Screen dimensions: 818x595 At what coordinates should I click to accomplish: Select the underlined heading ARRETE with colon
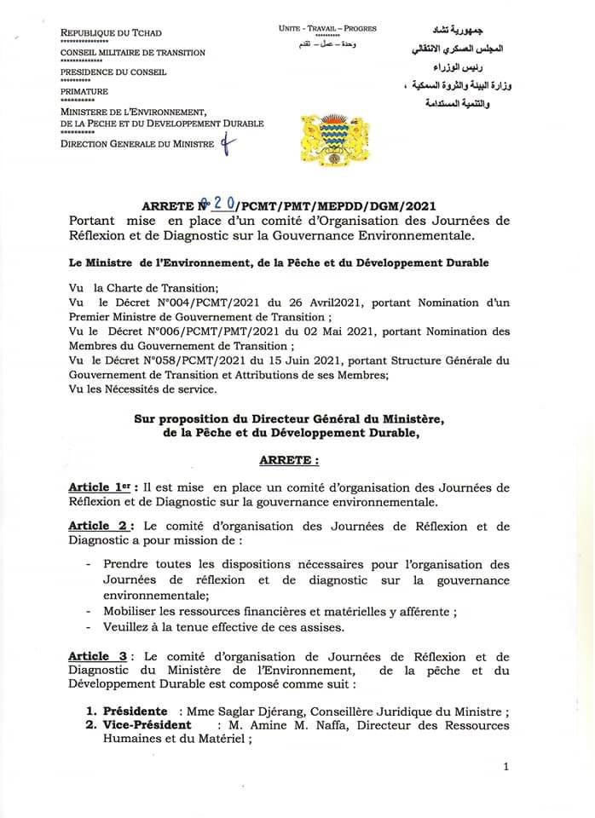point(289,460)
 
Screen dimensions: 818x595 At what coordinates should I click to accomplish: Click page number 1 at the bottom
point(505,767)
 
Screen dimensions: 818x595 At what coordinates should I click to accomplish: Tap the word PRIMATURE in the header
point(84,90)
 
